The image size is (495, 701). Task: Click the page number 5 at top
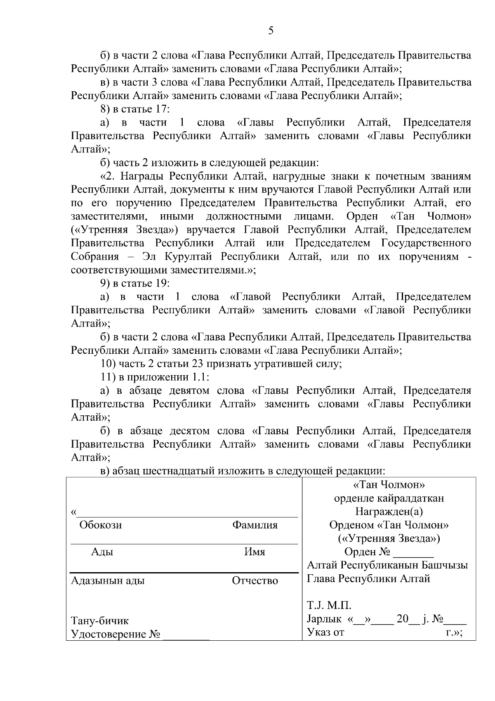(271, 31)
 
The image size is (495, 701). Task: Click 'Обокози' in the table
(101, 525)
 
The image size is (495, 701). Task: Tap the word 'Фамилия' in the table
(255, 525)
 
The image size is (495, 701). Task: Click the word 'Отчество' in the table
(255, 581)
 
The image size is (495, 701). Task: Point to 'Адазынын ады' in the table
(108, 581)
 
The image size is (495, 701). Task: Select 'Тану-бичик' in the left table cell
(100, 621)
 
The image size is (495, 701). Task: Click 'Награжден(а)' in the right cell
(389, 512)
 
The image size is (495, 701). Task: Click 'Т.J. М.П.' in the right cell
(329, 606)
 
